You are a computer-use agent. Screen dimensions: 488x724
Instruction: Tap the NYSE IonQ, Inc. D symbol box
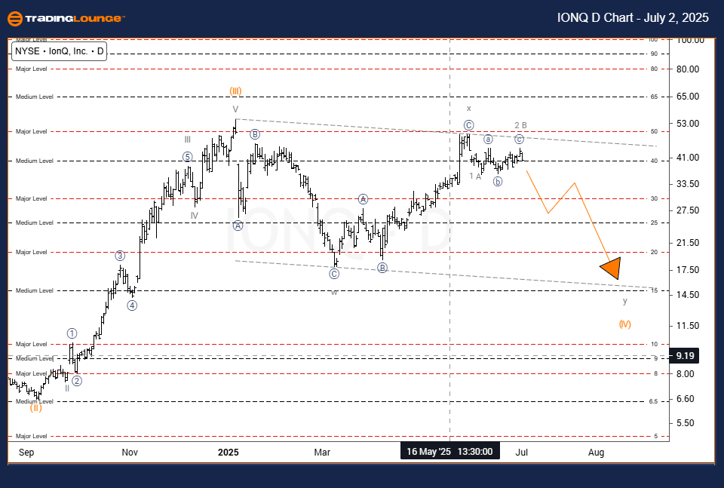(59, 52)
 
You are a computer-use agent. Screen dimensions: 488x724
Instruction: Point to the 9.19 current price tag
(686, 354)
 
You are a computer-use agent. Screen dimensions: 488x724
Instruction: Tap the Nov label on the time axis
(130, 453)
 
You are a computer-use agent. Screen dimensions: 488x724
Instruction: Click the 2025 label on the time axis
(228, 453)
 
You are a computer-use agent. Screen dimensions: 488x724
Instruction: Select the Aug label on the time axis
(596, 453)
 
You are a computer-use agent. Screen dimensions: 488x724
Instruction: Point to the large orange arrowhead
(612, 268)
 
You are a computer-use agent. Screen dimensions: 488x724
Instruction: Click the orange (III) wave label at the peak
(235, 91)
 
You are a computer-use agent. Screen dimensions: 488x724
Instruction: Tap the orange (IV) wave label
(624, 324)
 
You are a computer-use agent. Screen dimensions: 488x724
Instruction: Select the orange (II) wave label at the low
(35, 408)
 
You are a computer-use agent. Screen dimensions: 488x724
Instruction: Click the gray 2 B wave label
(520, 125)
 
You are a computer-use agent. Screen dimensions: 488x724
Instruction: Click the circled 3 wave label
(119, 256)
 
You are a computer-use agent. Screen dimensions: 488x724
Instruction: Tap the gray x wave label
(468, 109)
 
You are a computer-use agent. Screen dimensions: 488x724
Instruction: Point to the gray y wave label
(624, 301)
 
